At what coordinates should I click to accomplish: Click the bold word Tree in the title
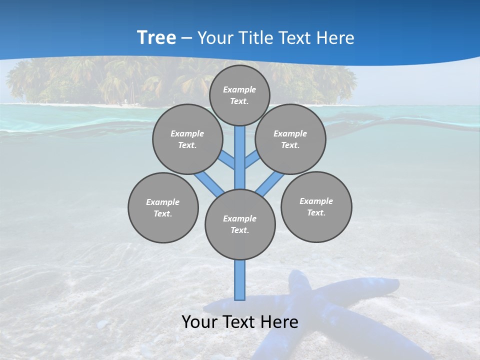tap(156, 38)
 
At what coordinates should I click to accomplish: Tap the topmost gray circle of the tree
tap(239, 95)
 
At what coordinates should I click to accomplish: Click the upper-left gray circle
tap(187, 139)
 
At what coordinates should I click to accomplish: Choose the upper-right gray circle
tap(290, 139)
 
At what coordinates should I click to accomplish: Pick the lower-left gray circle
tap(162, 207)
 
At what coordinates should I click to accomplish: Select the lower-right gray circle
tap(316, 206)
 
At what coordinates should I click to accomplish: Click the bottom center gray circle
tap(240, 224)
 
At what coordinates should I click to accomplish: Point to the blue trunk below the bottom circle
tap(240, 280)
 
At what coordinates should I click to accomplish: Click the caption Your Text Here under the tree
tap(240, 322)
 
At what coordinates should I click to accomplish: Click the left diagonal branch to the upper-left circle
tap(227, 160)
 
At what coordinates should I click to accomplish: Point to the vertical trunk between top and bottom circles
tap(240, 157)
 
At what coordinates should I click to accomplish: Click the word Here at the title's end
tap(337, 38)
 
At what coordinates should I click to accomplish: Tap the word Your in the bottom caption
tap(199, 322)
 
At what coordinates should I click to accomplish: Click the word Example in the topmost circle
tap(239, 89)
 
